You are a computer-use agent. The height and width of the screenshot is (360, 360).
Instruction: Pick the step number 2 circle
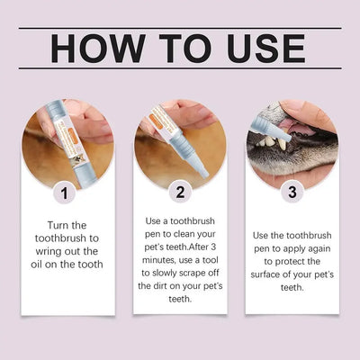180,191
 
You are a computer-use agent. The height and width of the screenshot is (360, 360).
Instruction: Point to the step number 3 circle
292,191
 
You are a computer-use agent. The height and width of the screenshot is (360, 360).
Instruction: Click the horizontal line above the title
180,28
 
